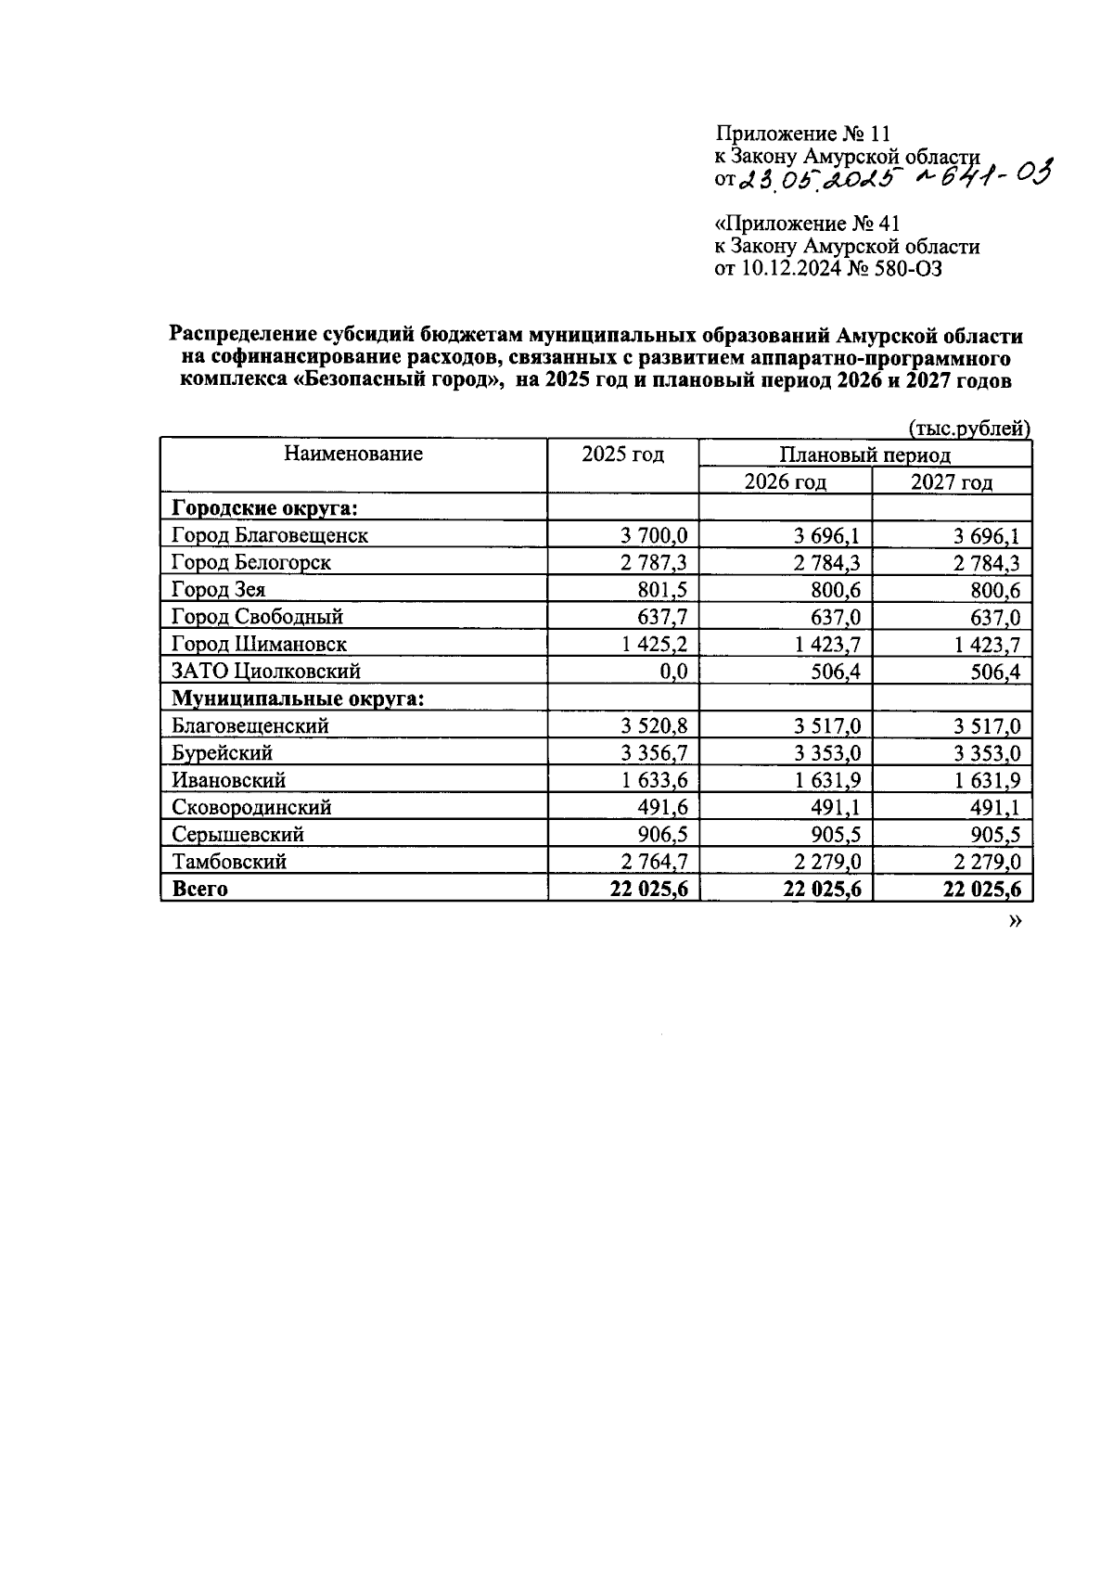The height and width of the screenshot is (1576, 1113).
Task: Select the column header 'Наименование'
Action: coord(353,454)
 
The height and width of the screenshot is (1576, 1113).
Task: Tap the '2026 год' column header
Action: coord(785,481)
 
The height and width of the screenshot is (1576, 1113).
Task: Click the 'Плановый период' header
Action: coord(864,455)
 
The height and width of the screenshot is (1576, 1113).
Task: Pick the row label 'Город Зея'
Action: coord(219,590)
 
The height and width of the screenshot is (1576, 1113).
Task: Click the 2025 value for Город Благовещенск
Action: coord(654,535)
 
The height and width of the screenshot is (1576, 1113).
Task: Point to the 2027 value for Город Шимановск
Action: coord(988,645)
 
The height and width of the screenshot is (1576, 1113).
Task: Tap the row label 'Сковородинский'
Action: coord(251,807)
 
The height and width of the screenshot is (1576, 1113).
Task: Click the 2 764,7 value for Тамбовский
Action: coord(654,862)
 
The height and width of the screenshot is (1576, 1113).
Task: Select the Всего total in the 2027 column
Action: coord(982,889)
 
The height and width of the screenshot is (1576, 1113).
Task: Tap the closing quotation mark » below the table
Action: coord(1015,922)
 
